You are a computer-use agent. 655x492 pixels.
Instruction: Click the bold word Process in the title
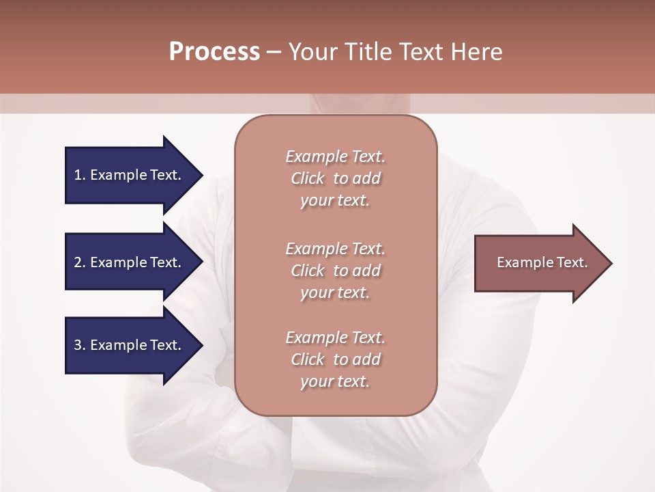(x=214, y=52)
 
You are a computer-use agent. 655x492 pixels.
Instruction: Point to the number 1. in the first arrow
(x=80, y=175)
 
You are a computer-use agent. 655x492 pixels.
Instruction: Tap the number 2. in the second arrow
(x=80, y=262)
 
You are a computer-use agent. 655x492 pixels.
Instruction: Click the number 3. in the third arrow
(x=80, y=345)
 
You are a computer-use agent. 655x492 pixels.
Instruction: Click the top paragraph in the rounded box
(x=336, y=178)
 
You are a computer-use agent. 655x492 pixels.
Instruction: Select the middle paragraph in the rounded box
(x=336, y=271)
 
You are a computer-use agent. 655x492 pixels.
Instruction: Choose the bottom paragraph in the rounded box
(x=336, y=359)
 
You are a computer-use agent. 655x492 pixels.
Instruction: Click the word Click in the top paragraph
(x=308, y=178)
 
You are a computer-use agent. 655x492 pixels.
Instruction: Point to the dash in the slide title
(x=274, y=52)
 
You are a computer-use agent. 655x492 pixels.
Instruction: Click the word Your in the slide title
(x=311, y=52)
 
